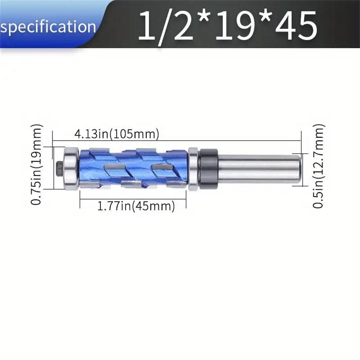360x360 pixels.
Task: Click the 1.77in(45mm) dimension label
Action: click(136, 206)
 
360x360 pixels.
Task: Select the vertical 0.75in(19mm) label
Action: click(37, 165)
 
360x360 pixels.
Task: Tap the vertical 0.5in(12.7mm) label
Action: click(319, 166)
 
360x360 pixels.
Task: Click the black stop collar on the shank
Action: click(208, 168)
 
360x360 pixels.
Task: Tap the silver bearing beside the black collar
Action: click(193, 168)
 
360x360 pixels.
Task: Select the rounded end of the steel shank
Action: click(298, 168)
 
